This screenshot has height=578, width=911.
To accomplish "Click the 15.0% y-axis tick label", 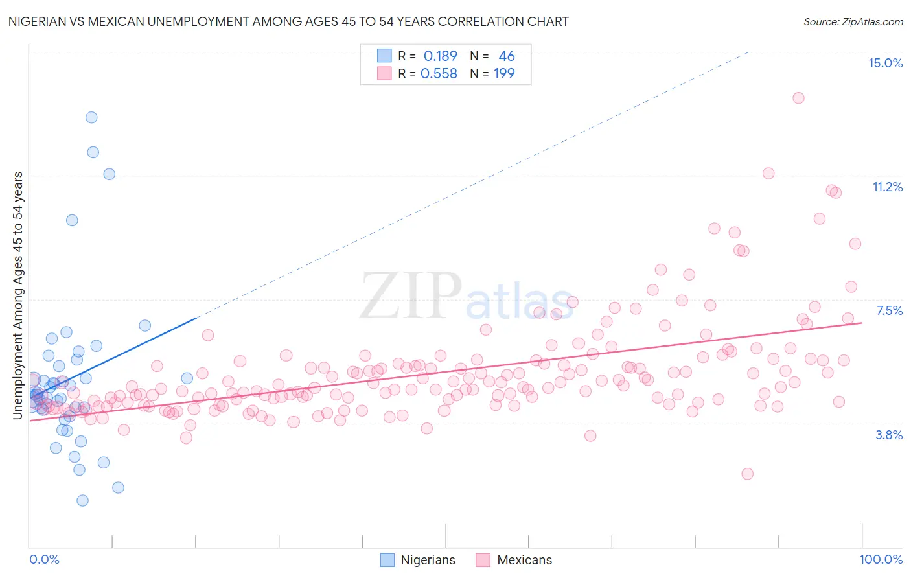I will pyautogui.click(x=885, y=63).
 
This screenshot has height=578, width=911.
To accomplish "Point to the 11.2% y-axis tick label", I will pyautogui.click(x=887, y=187).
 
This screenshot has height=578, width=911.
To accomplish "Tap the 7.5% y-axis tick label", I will pyautogui.click(x=889, y=310).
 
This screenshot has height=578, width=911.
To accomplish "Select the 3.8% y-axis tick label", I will pyautogui.click(x=889, y=435).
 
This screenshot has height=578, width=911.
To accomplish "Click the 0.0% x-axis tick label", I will pyautogui.click(x=44, y=559).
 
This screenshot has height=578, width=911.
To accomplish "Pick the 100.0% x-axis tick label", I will pyautogui.click(x=881, y=559).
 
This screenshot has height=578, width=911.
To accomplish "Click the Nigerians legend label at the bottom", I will pyautogui.click(x=428, y=560).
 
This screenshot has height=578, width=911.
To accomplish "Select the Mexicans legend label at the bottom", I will pyautogui.click(x=524, y=560).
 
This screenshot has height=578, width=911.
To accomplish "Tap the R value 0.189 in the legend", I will pyautogui.click(x=440, y=56).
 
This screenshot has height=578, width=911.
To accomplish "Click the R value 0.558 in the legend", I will pyautogui.click(x=439, y=73).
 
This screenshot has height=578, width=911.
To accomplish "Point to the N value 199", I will pyautogui.click(x=504, y=73).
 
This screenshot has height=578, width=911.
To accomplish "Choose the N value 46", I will pyautogui.click(x=506, y=56).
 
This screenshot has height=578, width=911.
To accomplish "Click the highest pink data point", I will pyautogui.click(x=798, y=98).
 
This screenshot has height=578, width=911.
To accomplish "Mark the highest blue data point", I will pyautogui.click(x=91, y=117).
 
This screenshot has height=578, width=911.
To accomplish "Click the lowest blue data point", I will pyautogui.click(x=82, y=500).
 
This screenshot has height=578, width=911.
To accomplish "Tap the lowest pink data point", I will pyautogui.click(x=747, y=474).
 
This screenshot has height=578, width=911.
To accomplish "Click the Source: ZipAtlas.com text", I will pyautogui.click(x=853, y=21).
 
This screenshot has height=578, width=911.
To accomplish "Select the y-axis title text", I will pyautogui.click(x=18, y=295).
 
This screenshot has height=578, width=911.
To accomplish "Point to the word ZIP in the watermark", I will pyautogui.click(x=410, y=296).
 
